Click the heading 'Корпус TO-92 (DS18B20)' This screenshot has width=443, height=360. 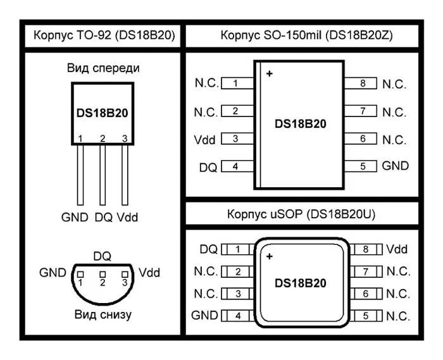click(104, 35)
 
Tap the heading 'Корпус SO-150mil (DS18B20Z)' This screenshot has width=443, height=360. click(307, 35)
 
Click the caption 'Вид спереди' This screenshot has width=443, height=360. click(103, 68)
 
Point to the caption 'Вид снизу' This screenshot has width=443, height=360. click(103, 314)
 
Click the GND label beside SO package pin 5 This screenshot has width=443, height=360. click(396, 166)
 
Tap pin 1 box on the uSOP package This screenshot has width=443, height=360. click(238, 250)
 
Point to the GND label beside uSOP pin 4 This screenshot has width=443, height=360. click(204, 315)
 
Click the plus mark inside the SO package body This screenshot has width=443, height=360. click(270, 74)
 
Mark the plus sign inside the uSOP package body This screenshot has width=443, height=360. click(269, 257)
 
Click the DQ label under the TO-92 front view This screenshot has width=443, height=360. click(103, 217)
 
